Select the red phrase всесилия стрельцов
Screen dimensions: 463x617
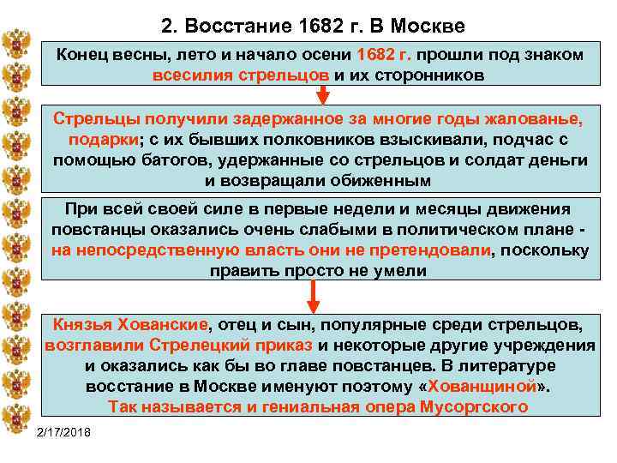[x=241, y=74]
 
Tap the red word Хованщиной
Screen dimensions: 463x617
[x=483, y=387]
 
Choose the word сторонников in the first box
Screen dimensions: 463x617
[x=425, y=74]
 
